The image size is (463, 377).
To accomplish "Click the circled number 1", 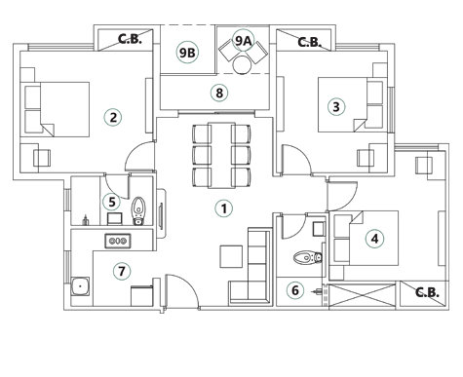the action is click(x=223, y=209).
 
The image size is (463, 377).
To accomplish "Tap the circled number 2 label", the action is click(x=113, y=118).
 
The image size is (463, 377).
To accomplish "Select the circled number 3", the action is click(x=336, y=107).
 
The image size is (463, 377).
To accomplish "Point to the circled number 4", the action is click(x=374, y=239).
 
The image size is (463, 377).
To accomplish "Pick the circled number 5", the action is click(x=112, y=203).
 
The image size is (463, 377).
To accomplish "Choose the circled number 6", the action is click(x=294, y=290).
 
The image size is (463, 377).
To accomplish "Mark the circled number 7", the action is click(x=121, y=272).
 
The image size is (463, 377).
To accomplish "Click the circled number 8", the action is click(x=218, y=94).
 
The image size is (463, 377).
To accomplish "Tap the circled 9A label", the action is click(x=243, y=41).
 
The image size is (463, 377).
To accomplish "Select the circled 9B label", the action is click(x=186, y=53).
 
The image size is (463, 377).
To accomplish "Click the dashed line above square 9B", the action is click(x=187, y=25).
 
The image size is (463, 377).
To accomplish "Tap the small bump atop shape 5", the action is click(x=117, y=187).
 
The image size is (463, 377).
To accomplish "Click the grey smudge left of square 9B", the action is click(x=130, y=40).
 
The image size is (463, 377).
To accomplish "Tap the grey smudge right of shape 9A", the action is click(x=308, y=42).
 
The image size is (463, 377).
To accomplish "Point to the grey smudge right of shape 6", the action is click(x=425, y=292).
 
